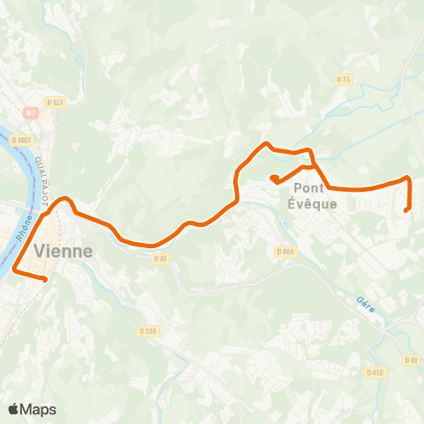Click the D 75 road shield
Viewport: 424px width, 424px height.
click(x=344, y=79)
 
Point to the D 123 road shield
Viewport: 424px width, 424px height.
click(x=57, y=102)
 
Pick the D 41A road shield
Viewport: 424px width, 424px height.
click(x=284, y=252)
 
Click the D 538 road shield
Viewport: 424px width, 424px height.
click(x=148, y=331)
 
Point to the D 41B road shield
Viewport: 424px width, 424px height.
click(x=375, y=374)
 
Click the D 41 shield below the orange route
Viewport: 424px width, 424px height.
click(x=160, y=259)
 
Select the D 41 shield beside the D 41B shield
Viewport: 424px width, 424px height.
click(x=411, y=360)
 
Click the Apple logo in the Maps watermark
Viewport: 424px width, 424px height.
click(x=14, y=409)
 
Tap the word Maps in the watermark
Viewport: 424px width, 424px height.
click(x=39, y=409)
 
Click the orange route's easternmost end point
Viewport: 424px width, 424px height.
click(x=405, y=210)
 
